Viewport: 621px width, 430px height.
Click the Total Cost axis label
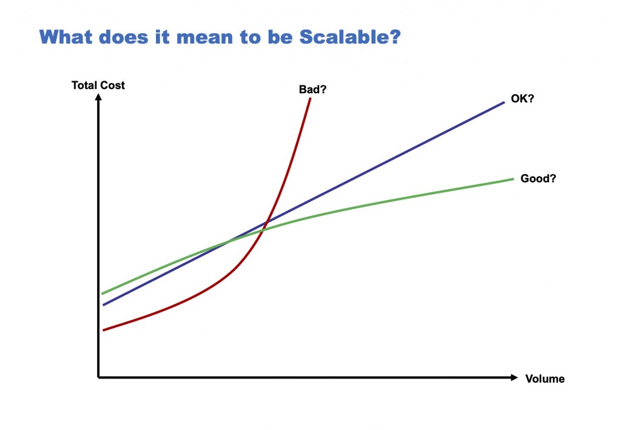pos(98,86)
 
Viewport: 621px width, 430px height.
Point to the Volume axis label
pos(545,379)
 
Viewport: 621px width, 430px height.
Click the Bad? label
pos(313,89)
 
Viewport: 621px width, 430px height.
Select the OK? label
pos(522,99)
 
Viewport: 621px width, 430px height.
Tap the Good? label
pos(539,179)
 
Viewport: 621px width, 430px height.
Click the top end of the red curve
pos(310,98)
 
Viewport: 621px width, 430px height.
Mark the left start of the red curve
pos(104,331)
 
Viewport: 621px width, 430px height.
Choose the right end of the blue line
pos(504,102)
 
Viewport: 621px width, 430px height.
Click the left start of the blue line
pos(104,305)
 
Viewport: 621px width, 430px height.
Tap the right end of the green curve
pos(514,179)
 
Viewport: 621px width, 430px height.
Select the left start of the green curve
pos(102,294)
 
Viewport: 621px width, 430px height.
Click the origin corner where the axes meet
pos(98,378)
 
